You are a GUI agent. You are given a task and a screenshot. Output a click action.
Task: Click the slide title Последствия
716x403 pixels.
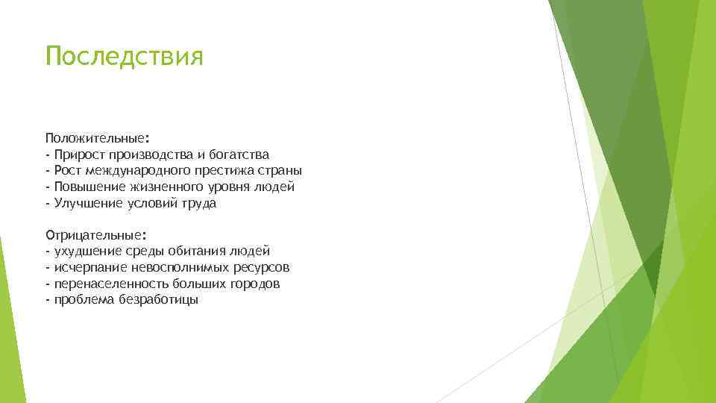pyautogui.click(x=124, y=57)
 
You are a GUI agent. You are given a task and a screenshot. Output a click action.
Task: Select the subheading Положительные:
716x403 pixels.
pyautogui.click(x=97, y=138)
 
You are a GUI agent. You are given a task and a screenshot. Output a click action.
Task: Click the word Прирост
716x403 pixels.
pyautogui.click(x=79, y=154)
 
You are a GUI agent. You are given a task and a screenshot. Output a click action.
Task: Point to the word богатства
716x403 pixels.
pyautogui.click(x=237, y=154)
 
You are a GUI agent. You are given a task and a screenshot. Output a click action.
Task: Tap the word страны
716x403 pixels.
pyautogui.click(x=281, y=171)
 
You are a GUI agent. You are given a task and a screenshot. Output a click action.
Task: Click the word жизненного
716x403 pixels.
pyautogui.click(x=161, y=187)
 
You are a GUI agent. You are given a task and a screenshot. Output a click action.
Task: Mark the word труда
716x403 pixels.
pyautogui.click(x=199, y=203)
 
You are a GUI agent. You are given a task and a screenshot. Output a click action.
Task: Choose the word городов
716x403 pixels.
pyautogui.click(x=254, y=284)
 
